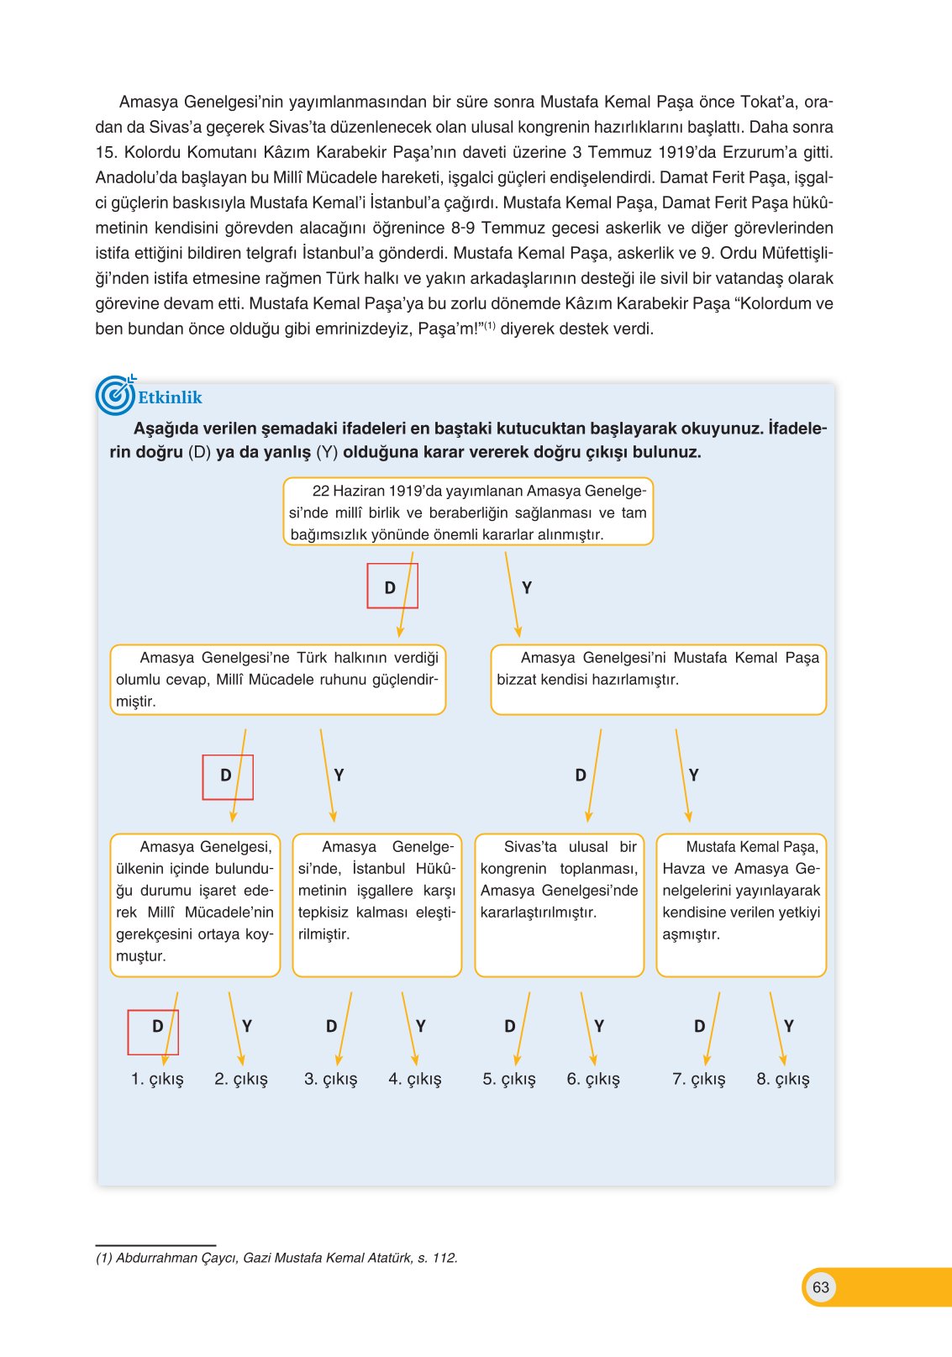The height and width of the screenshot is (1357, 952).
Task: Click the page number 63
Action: click(x=820, y=1286)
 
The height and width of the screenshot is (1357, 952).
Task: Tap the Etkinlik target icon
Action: click(x=115, y=396)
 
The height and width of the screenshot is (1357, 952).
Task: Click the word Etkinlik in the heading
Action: click(x=171, y=397)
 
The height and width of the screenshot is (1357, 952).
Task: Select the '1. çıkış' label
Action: click(x=157, y=1079)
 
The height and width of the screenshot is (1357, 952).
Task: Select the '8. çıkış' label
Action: click(x=782, y=1079)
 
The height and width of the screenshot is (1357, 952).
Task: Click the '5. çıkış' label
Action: click(x=508, y=1079)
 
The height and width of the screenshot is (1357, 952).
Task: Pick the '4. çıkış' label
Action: click(x=414, y=1079)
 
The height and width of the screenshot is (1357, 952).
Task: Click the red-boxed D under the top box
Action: click(x=391, y=587)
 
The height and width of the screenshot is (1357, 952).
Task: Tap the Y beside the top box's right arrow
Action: click(x=527, y=587)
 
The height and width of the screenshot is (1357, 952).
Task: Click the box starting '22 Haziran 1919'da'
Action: click(x=468, y=512)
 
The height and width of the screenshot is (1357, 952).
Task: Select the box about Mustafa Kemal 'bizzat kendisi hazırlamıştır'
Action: click(x=658, y=679)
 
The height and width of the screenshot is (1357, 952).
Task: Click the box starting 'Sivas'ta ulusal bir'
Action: click(x=559, y=904)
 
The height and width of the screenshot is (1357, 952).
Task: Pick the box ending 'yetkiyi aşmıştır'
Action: click(x=741, y=904)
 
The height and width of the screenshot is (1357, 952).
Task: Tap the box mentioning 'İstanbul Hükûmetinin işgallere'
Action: click(x=376, y=904)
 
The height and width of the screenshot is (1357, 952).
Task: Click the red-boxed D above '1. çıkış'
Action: click(x=156, y=1026)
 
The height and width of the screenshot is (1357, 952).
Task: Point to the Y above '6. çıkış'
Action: click(x=599, y=1026)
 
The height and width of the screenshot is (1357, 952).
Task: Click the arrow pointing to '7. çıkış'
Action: click(x=713, y=1029)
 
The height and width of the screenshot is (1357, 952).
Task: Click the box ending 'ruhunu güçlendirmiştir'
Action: click(x=277, y=679)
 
